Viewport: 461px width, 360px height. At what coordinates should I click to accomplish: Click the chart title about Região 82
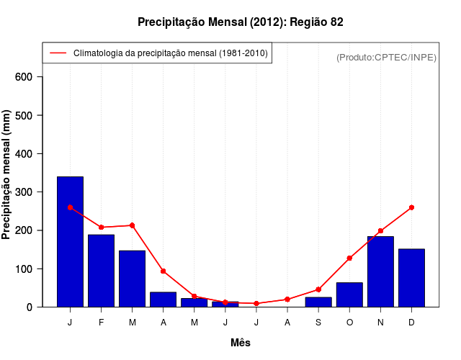click(x=240, y=22)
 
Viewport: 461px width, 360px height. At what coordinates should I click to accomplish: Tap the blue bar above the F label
click(x=101, y=270)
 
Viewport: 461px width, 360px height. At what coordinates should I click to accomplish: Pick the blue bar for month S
click(x=318, y=302)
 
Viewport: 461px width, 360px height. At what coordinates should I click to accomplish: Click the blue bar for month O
click(x=349, y=294)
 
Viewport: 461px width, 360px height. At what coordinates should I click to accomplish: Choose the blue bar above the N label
click(x=380, y=271)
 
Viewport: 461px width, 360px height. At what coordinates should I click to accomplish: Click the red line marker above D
click(x=411, y=207)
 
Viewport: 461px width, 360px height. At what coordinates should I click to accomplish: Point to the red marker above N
click(x=380, y=231)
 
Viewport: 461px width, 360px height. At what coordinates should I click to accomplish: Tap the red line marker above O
click(x=349, y=258)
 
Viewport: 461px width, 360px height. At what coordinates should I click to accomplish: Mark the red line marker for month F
click(x=101, y=228)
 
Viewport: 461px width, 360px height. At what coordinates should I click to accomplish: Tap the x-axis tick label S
click(x=318, y=323)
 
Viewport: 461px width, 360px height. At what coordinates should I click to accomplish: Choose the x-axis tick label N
click(x=380, y=323)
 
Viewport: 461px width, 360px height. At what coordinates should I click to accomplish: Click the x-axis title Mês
click(x=241, y=343)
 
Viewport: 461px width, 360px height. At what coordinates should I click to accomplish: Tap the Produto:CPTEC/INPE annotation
click(x=386, y=57)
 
